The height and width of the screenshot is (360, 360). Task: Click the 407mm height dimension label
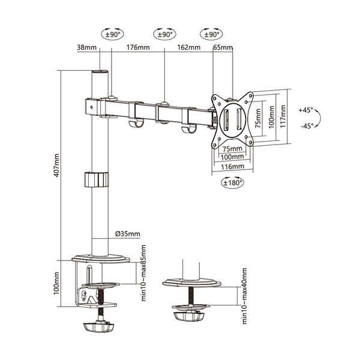coord(56,166)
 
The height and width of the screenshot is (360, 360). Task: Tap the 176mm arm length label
coord(138,47)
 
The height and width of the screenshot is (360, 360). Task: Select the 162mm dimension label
coord(189,47)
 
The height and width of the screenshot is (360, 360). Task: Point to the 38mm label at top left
coord(87,47)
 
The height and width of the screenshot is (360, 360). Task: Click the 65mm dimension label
coord(223,47)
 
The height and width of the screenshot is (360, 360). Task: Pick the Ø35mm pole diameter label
coord(128,234)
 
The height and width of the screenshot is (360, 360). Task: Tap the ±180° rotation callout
coord(233,183)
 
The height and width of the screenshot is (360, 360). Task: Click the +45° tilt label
coord(306,110)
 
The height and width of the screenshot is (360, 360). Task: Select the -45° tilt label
coord(307,126)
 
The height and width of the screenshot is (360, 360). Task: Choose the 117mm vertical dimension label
coord(283,116)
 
